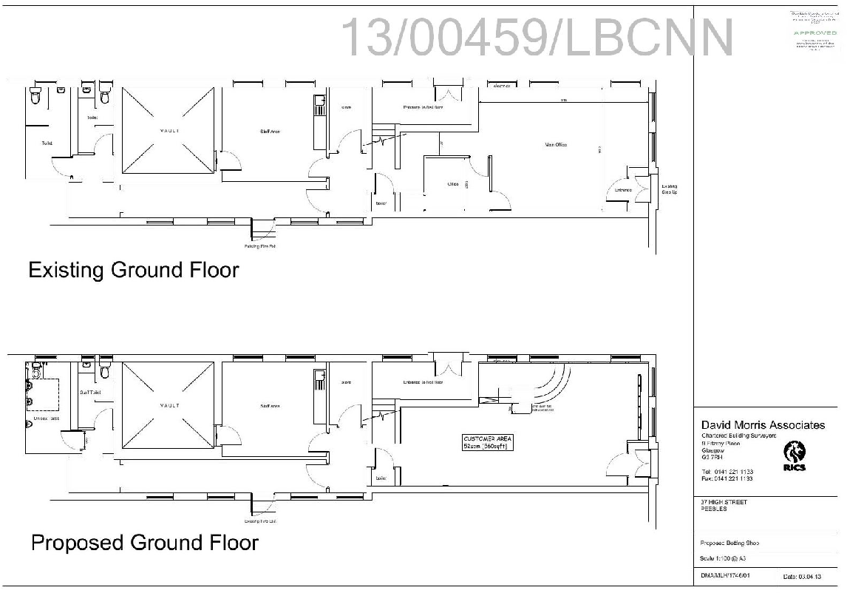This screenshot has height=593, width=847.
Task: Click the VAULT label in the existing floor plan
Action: tap(169, 131)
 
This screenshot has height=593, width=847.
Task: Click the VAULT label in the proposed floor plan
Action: tap(169, 406)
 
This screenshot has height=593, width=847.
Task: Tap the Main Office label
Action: tap(550, 145)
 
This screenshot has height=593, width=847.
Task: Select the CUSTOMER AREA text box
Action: tap(486, 442)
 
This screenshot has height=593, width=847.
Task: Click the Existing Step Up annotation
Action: tap(668, 189)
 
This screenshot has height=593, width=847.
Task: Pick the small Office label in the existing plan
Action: tap(453, 184)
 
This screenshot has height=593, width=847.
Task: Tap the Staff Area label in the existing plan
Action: tap(270, 132)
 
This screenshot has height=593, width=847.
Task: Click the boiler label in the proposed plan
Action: tap(381, 478)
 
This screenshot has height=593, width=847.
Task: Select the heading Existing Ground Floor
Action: tap(133, 270)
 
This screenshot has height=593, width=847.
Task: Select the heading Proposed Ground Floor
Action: tap(144, 543)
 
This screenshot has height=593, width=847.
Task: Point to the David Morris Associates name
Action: tap(762, 425)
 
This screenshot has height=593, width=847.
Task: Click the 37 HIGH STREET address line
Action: tap(724, 503)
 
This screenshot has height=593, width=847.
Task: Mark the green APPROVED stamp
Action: tap(815, 33)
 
